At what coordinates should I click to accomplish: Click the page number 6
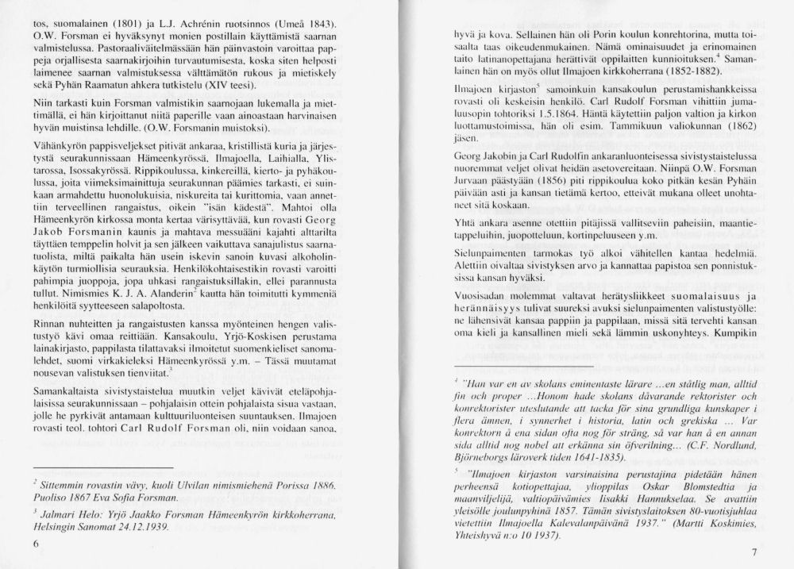(37, 544)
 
